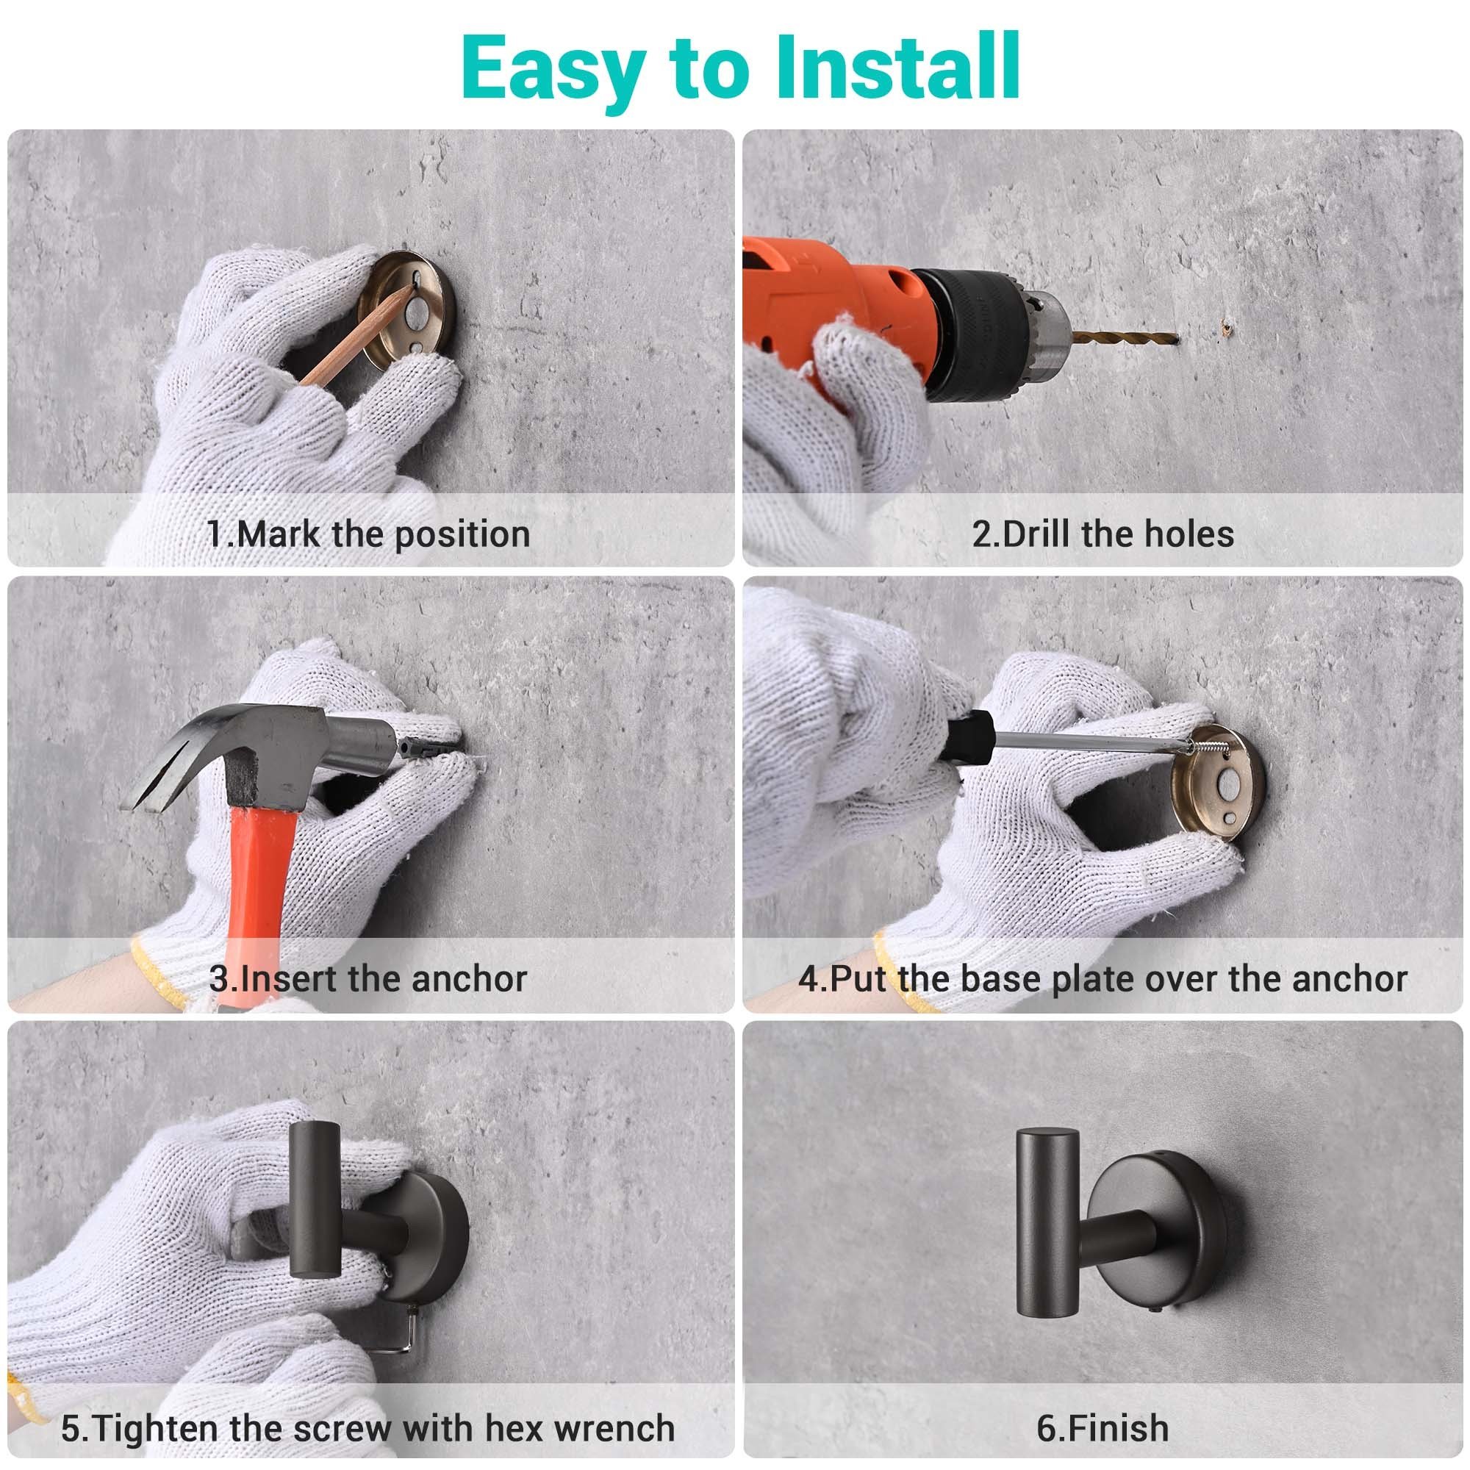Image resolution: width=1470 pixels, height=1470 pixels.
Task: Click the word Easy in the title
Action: (555, 73)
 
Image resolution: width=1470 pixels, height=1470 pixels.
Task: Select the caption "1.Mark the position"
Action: (369, 534)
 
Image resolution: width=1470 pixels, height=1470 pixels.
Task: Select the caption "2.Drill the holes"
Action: (1102, 534)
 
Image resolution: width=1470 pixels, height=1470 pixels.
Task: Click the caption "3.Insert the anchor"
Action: (368, 979)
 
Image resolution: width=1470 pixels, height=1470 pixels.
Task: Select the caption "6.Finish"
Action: (1102, 1428)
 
